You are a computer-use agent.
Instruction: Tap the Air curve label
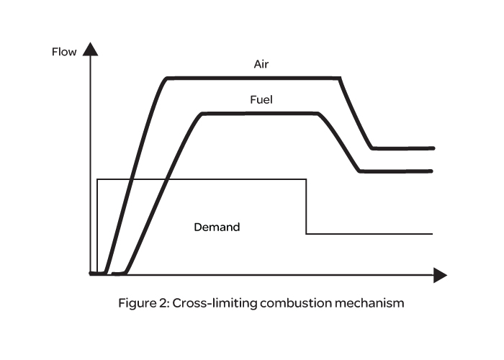coord(261,64)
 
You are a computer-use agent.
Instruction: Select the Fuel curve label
coord(261,100)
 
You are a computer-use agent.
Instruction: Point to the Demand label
coord(217,227)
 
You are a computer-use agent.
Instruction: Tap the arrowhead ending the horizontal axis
coord(439,274)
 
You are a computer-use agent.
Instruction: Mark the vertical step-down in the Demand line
coord(307,207)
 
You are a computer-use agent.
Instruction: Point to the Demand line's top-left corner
coord(97,179)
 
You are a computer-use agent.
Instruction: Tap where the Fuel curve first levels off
coord(203,114)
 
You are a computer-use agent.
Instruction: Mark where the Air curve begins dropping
coord(340,78)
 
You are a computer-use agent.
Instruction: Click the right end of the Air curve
coord(433,148)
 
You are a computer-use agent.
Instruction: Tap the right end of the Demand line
coord(432,234)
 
